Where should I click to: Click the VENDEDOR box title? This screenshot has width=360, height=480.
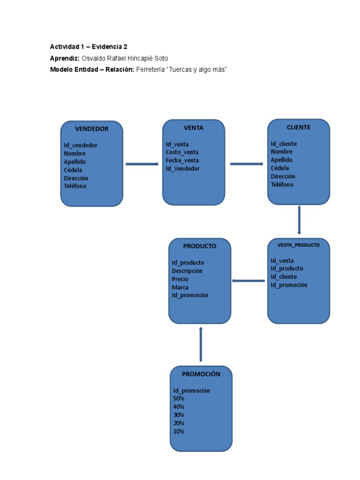[92, 129]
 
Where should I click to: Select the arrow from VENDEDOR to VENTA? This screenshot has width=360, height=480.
[142, 164]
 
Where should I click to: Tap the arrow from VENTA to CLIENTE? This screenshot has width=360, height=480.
[246, 164]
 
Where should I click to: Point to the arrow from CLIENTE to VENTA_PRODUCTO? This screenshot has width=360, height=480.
[299, 220]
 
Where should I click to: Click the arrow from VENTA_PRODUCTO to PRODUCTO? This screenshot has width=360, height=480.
[248, 281]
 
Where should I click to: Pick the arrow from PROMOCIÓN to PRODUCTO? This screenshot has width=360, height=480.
[201, 345]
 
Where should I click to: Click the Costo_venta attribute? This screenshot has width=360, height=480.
[182, 152]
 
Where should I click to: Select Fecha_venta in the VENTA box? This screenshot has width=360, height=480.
[182, 160]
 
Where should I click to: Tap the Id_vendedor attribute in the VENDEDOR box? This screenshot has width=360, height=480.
[81, 145]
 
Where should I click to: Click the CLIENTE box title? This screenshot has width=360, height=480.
[299, 127]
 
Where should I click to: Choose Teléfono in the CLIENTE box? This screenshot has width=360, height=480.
[282, 185]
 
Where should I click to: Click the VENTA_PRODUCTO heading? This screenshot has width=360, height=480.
[299, 245]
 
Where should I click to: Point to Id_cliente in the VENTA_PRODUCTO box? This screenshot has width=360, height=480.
[284, 277]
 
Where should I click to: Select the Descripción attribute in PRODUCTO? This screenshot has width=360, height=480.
[187, 271]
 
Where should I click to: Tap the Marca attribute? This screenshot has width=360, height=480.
[180, 287]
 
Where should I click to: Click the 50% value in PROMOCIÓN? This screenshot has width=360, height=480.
[179, 398]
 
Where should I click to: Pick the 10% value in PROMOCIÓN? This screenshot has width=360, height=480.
[179, 431]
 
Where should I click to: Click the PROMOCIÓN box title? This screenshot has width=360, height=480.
[201, 374]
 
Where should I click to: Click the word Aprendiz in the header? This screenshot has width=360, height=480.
[65, 58]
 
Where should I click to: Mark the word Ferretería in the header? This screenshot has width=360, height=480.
[150, 69]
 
